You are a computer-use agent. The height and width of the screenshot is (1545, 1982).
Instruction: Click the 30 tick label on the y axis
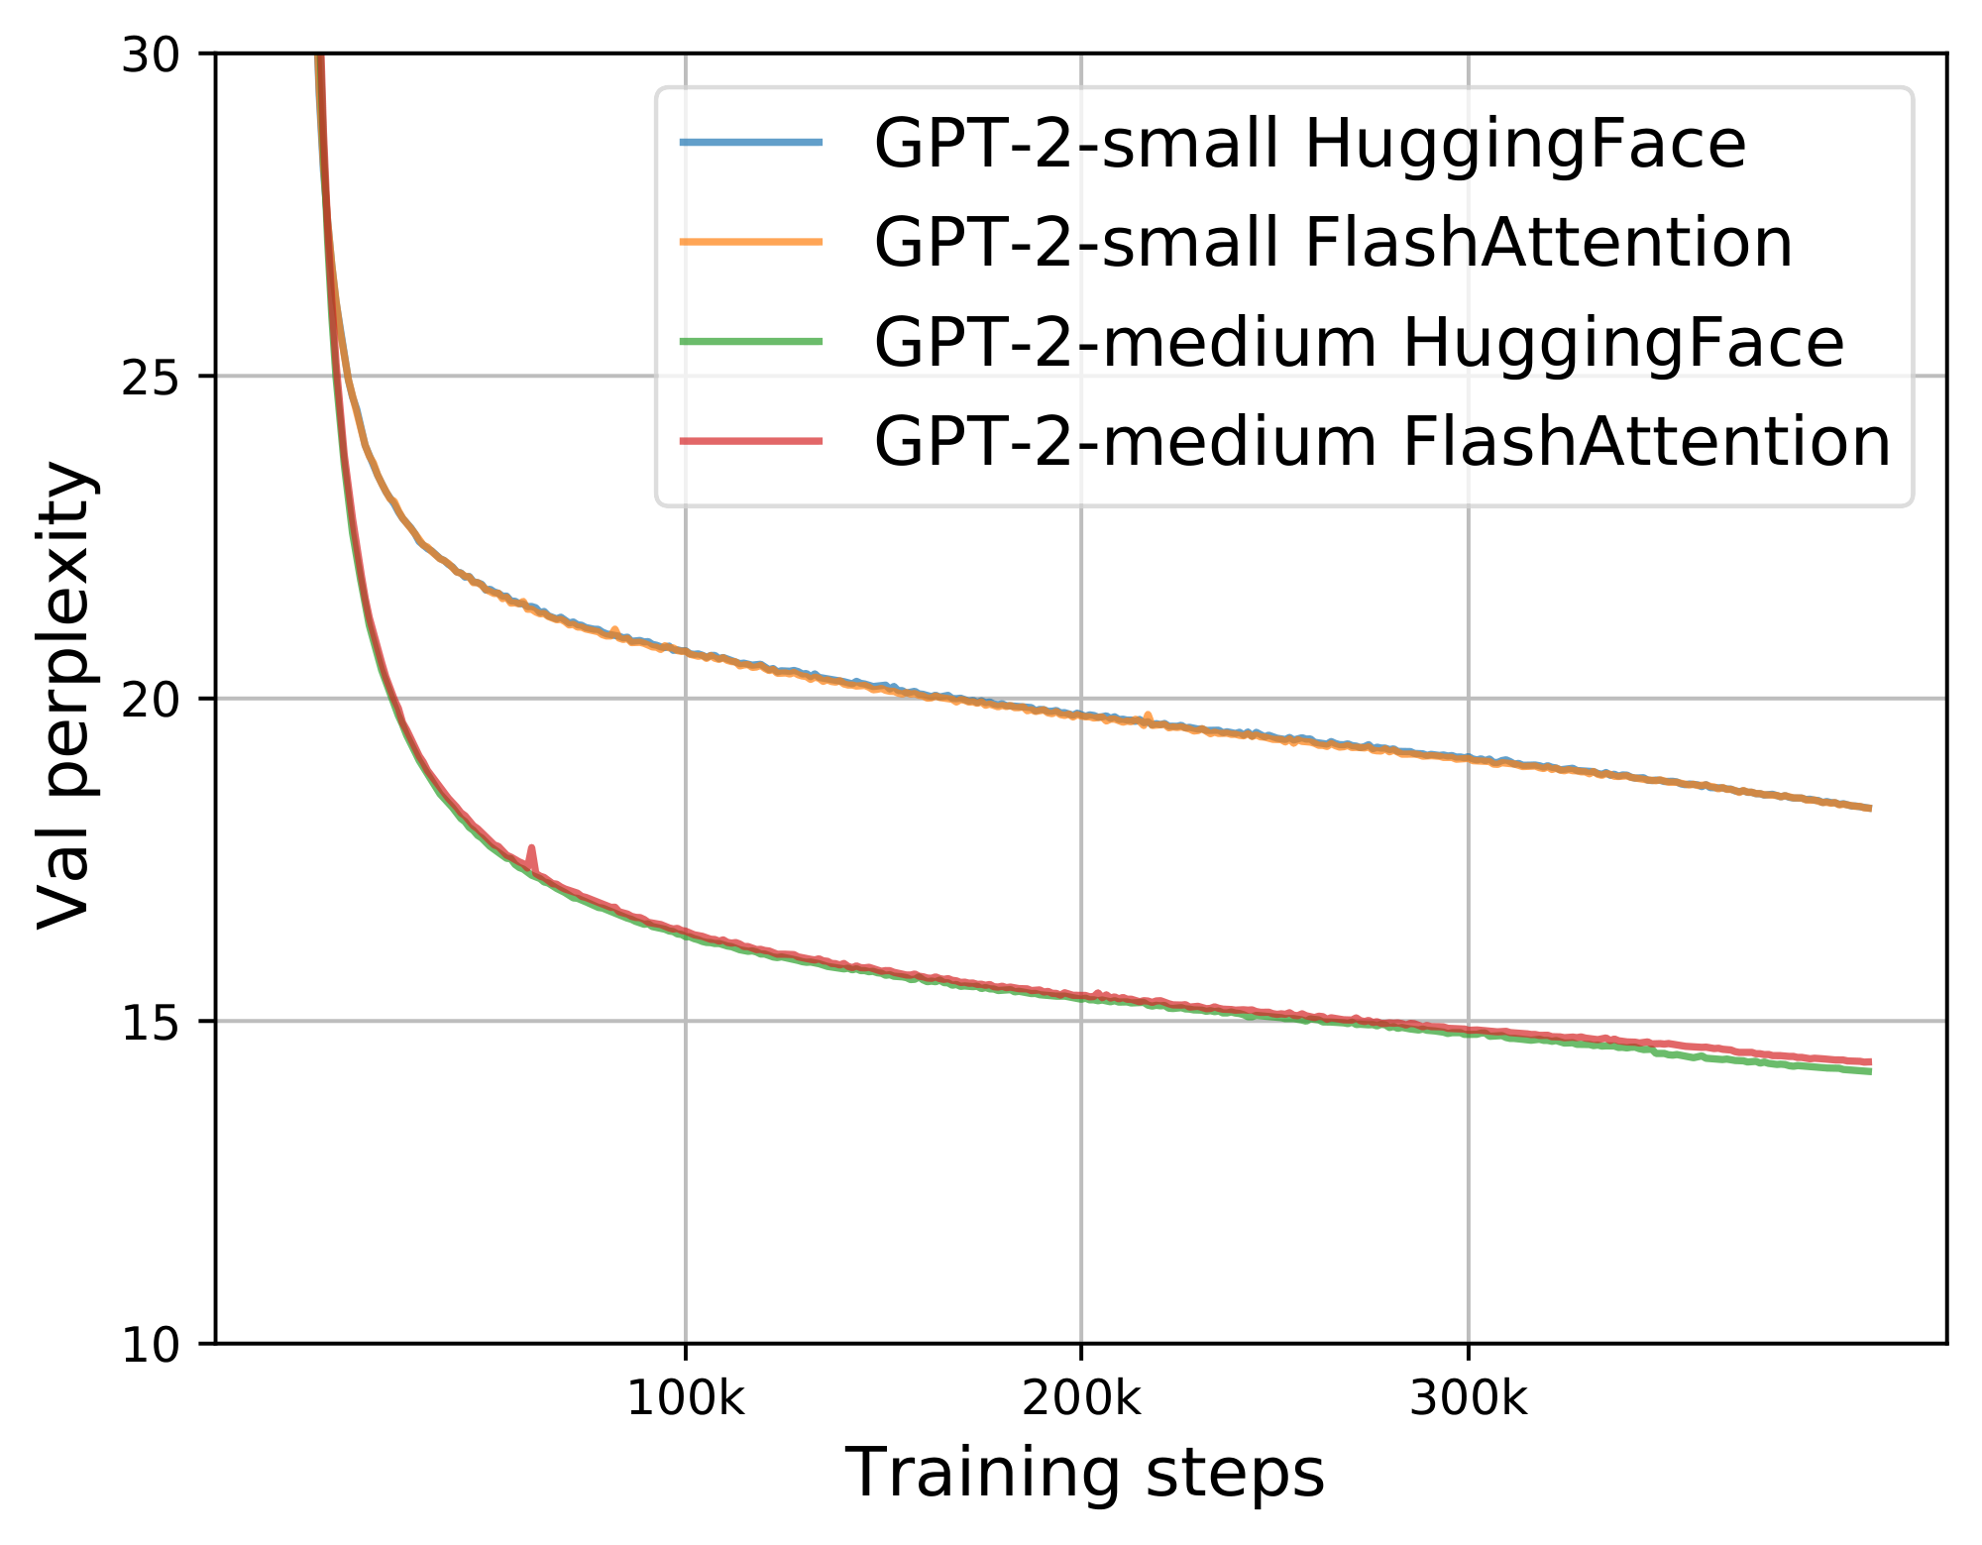pyautogui.click(x=150, y=55)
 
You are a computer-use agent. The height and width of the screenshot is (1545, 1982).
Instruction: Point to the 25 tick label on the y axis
pyautogui.click(x=150, y=377)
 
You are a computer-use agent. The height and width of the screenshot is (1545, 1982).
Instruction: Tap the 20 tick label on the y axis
pyautogui.click(x=150, y=700)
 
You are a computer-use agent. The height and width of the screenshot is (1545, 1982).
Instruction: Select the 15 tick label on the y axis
pyautogui.click(x=150, y=1022)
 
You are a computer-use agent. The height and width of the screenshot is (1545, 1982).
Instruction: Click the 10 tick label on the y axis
pyautogui.click(x=150, y=1345)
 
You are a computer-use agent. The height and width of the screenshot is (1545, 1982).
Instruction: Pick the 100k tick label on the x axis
pyautogui.click(x=685, y=1399)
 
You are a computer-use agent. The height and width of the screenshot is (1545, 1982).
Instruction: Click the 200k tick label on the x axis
pyautogui.click(x=1080, y=1399)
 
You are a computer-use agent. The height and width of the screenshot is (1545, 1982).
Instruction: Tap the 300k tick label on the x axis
pyautogui.click(x=1468, y=1399)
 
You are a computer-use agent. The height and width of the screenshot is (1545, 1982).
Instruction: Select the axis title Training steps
pyautogui.click(x=1084, y=1473)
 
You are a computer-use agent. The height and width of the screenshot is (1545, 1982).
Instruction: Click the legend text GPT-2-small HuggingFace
pyautogui.click(x=1309, y=146)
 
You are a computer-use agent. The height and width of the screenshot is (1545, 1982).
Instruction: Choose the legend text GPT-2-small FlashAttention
pyautogui.click(x=1333, y=244)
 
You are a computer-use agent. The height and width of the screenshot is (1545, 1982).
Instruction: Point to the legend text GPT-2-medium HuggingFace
pyautogui.click(x=1359, y=343)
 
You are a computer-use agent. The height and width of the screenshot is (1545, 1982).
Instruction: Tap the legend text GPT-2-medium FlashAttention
pyautogui.click(x=1382, y=442)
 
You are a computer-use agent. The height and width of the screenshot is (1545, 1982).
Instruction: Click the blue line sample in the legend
pyautogui.click(x=751, y=143)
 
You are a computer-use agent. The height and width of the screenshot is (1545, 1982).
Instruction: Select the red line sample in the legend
pyautogui.click(x=751, y=440)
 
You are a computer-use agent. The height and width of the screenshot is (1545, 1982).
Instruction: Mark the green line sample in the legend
pyautogui.click(x=751, y=341)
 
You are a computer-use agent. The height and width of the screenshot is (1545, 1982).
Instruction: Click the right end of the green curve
pyautogui.click(x=1868, y=1071)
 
